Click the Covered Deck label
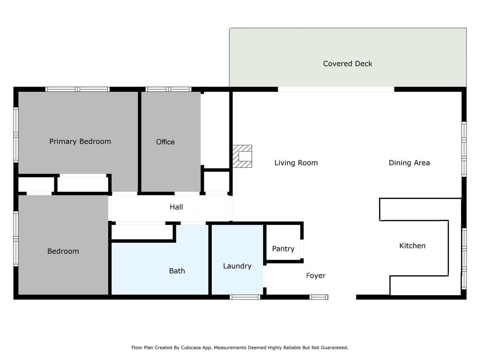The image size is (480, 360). (347, 63)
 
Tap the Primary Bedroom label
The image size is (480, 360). (80, 141)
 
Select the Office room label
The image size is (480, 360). (165, 142)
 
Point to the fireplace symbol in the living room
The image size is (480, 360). (242, 157)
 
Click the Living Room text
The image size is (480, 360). (296, 163)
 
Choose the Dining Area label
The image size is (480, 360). (409, 163)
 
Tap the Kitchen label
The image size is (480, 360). (413, 246)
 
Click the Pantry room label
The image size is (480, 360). (283, 249)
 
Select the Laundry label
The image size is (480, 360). (237, 266)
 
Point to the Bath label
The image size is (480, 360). (177, 271)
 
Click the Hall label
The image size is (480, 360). (176, 207)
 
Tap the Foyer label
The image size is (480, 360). (316, 276)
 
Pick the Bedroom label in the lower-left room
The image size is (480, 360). (63, 252)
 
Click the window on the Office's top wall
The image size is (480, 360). (168, 90)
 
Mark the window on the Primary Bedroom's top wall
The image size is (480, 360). (77, 90)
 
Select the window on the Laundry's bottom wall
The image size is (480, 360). (245, 297)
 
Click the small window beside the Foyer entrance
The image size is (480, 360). (319, 297)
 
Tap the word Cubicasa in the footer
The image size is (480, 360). (191, 347)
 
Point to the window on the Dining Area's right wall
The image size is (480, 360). (464, 149)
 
